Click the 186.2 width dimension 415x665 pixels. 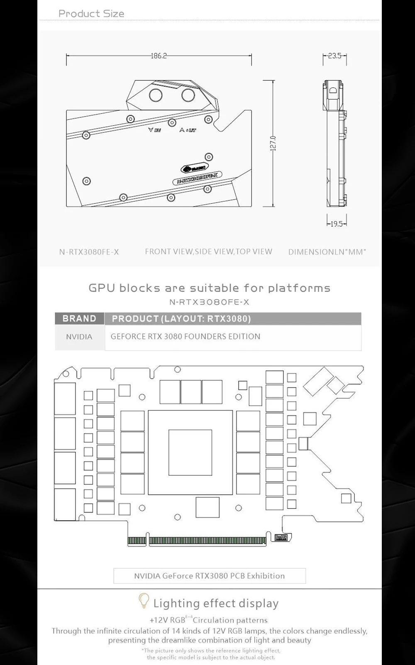coord(159,56)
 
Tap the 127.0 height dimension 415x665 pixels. coord(273,144)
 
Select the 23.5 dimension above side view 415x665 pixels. coord(334,56)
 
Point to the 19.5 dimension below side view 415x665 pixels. coord(336,224)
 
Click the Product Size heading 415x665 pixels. coord(91,14)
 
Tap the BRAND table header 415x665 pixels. coord(79,319)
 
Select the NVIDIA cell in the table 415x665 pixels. coord(79,337)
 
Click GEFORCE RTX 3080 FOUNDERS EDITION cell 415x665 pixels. coord(186,336)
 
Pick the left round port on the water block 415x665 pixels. coord(156,95)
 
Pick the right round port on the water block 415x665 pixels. coord(188,95)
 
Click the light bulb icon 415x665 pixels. coord(144,601)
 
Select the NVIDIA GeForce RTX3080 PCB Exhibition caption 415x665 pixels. coord(210,576)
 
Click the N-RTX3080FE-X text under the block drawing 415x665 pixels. coord(89,252)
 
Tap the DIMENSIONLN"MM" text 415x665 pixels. coord(327,252)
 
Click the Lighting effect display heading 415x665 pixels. coord(216,603)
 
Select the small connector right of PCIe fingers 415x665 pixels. coord(281,538)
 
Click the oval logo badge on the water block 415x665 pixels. coord(191,168)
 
